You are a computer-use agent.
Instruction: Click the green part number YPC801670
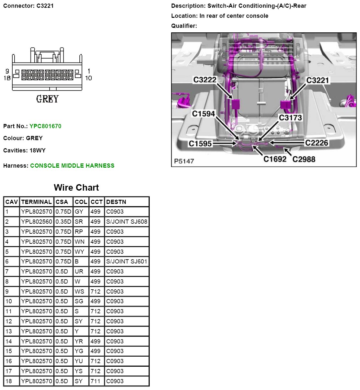(45, 126)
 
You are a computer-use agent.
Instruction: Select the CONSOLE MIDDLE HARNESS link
(72, 166)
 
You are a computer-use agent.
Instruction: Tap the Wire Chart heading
(76, 188)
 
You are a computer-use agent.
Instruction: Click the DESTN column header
(116, 202)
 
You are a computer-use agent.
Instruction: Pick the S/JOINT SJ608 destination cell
(127, 222)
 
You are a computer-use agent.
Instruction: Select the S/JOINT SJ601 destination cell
(127, 262)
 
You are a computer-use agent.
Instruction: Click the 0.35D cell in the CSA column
(63, 222)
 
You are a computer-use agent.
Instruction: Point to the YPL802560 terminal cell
(37, 222)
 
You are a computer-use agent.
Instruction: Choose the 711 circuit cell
(96, 381)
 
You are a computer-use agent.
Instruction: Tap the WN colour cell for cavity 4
(80, 242)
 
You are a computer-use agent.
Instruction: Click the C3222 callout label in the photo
(204, 80)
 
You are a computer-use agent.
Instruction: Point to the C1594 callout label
(203, 114)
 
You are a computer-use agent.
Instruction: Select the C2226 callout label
(317, 143)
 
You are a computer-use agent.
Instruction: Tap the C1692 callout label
(275, 159)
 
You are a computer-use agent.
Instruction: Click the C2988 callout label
(304, 159)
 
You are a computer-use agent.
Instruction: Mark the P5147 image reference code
(184, 161)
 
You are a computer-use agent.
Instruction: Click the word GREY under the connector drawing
(47, 99)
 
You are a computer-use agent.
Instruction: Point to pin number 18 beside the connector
(7, 78)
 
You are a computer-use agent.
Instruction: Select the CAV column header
(12, 202)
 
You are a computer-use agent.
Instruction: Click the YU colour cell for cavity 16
(79, 361)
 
